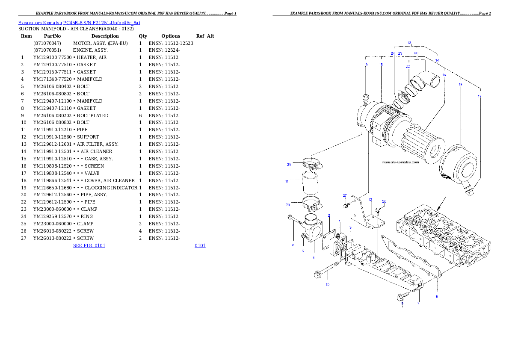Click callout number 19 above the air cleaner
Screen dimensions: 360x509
pos(366,65)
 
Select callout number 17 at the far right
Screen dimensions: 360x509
pos(479,96)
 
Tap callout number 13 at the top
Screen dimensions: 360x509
pos(409,43)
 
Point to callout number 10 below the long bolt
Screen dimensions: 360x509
pos(327,284)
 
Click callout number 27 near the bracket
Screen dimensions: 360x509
pos(345,195)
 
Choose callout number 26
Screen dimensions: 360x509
pos(384,201)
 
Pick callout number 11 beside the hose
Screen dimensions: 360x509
pos(287,181)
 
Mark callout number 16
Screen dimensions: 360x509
pos(444,75)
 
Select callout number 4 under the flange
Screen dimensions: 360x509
pos(313,258)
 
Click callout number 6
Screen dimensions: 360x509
pos(293,245)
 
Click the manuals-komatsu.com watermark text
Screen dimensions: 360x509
pos(400,162)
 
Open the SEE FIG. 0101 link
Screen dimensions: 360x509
pos(89,245)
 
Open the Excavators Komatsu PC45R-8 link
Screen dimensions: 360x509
pos(79,23)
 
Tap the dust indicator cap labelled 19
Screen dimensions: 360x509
pos(366,99)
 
